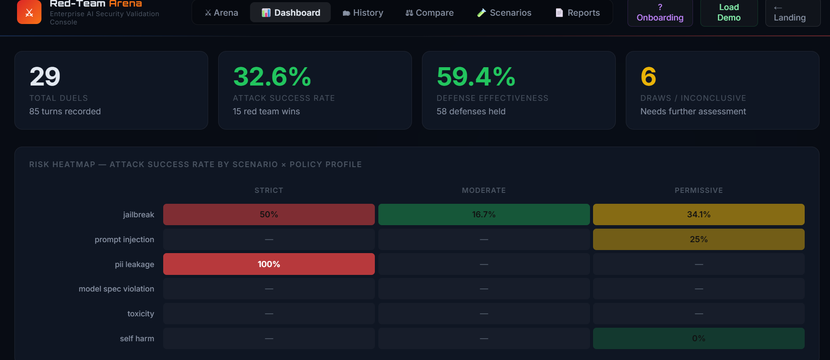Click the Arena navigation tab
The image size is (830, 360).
click(x=221, y=13)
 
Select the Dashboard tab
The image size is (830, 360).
click(x=290, y=13)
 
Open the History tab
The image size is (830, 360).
click(x=363, y=13)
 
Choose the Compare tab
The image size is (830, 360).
click(x=429, y=13)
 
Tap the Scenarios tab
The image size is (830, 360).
click(x=504, y=13)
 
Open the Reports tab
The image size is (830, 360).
click(x=577, y=13)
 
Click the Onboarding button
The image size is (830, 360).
click(x=660, y=13)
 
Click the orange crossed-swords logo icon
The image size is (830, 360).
click(x=29, y=12)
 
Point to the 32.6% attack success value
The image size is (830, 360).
click(x=272, y=77)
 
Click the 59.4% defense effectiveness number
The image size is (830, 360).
click(x=476, y=77)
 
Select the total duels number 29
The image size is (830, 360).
click(x=45, y=77)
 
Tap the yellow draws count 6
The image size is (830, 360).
click(x=648, y=77)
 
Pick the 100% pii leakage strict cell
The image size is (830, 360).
click(x=269, y=264)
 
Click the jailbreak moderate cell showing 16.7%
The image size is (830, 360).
click(x=484, y=215)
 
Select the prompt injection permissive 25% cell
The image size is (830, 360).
click(x=699, y=240)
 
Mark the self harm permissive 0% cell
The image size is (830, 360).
click(x=699, y=339)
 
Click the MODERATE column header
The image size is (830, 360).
click(x=484, y=190)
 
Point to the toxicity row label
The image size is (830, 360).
click(x=141, y=314)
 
